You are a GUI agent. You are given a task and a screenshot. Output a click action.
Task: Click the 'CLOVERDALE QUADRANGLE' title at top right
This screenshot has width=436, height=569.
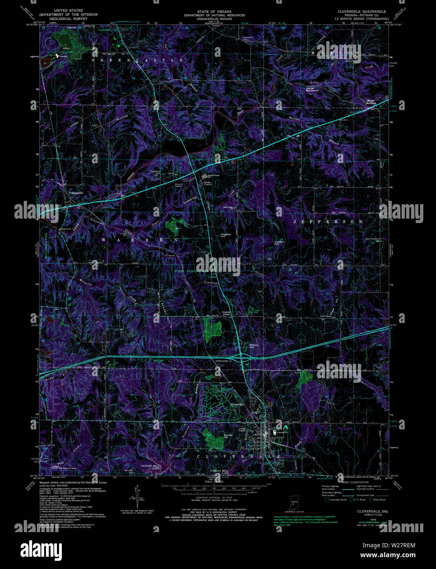coord(361,11)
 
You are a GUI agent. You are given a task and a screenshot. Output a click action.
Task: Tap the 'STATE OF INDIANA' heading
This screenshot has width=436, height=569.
coord(214,11)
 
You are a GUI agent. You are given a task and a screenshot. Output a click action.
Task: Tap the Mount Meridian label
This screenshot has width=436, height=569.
coord(370,102)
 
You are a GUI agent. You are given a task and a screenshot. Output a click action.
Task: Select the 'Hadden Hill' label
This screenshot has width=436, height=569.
coord(279,243)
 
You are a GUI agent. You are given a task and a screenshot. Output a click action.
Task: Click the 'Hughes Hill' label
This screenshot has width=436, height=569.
coord(226,235)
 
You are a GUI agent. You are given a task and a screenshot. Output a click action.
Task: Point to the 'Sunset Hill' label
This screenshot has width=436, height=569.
coord(228,436)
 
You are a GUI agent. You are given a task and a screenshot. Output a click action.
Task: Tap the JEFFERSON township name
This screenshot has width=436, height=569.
coord(328,221)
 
